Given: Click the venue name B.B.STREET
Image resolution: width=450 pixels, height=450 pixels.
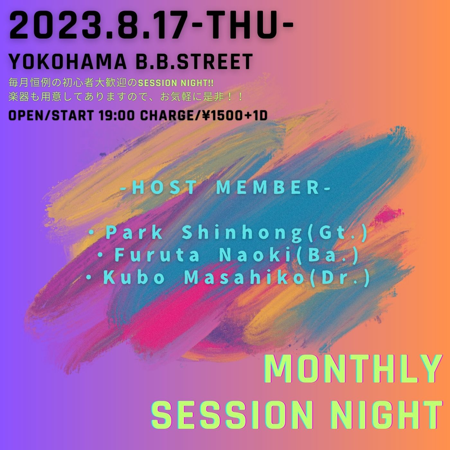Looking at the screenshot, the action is (x=194, y=62).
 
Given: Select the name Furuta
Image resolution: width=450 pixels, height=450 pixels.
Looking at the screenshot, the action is (x=157, y=256).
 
